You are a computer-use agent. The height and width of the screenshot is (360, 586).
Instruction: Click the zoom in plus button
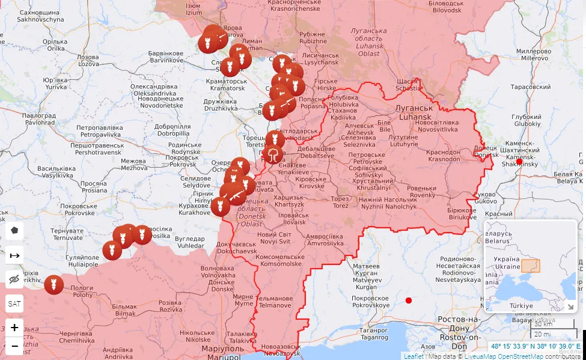click(x=14, y=328)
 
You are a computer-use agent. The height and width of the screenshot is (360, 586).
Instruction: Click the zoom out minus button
click(x=14, y=347)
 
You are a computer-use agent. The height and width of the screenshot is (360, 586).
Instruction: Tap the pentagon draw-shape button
click(x=14, y=230)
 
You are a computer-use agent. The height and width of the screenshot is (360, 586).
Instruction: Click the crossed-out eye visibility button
click(x=14, y=279)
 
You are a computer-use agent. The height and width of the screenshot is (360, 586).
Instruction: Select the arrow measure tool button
click(x=14, y=255)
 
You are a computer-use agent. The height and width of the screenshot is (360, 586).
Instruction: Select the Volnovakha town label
click(x=218, y=272)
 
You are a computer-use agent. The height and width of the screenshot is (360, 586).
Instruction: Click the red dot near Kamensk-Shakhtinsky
click(x=519, y=161)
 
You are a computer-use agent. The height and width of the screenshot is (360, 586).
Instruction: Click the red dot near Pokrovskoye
click(x=409, y=300)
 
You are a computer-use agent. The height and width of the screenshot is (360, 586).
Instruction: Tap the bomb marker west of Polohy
click(x=53, y=284)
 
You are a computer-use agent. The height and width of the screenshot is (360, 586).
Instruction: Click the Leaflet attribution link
click(x=413, y=356)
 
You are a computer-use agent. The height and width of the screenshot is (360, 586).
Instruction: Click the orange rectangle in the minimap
click(x=530, y=266)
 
